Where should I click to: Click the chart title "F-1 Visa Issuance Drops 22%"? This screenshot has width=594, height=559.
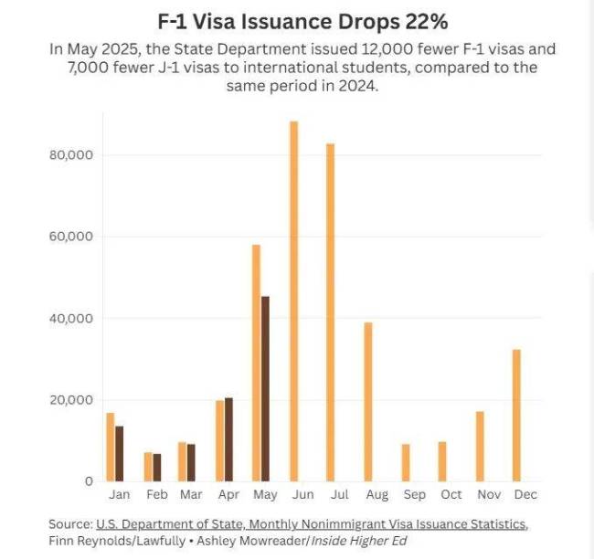[297, 20]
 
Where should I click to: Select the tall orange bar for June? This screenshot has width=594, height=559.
[293, 301]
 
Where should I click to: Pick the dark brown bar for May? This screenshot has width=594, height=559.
[265, 388]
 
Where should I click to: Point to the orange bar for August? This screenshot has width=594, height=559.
[367, 402]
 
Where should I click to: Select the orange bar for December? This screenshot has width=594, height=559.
[517, 416]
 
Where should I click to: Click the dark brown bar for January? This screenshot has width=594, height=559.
[119, 453]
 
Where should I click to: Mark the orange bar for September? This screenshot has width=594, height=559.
[405, 462]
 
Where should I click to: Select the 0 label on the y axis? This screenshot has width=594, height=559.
[90, 481]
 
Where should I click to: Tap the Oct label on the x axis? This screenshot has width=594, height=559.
[451, 495]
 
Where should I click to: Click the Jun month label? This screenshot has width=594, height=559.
[301, 495]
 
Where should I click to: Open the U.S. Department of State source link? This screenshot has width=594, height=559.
[311, 523]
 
